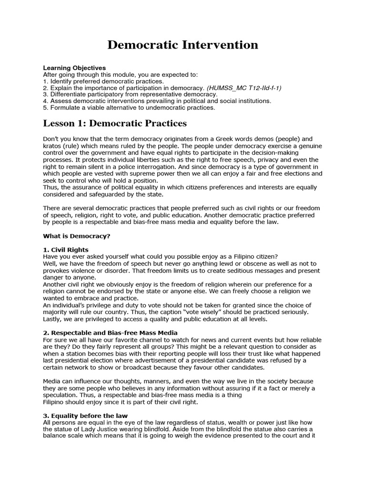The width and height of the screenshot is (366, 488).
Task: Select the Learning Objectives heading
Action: (74, 68)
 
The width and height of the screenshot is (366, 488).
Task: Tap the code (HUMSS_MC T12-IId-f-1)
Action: (244, 88)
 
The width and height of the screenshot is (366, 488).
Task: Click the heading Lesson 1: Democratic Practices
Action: (115, 124)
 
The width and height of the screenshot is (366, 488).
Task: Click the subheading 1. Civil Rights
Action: (66, 250)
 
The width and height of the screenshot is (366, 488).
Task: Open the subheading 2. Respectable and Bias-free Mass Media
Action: (111, 332)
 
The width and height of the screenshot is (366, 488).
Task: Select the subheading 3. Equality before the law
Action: (85, 416)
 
